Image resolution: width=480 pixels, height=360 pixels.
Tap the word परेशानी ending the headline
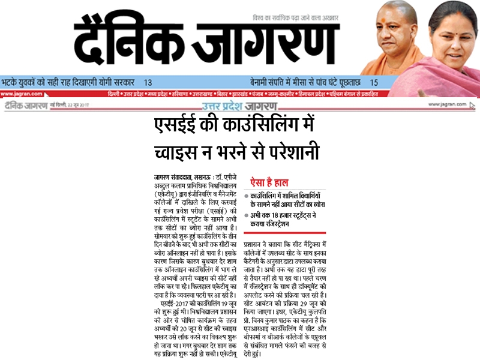point(294,152)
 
